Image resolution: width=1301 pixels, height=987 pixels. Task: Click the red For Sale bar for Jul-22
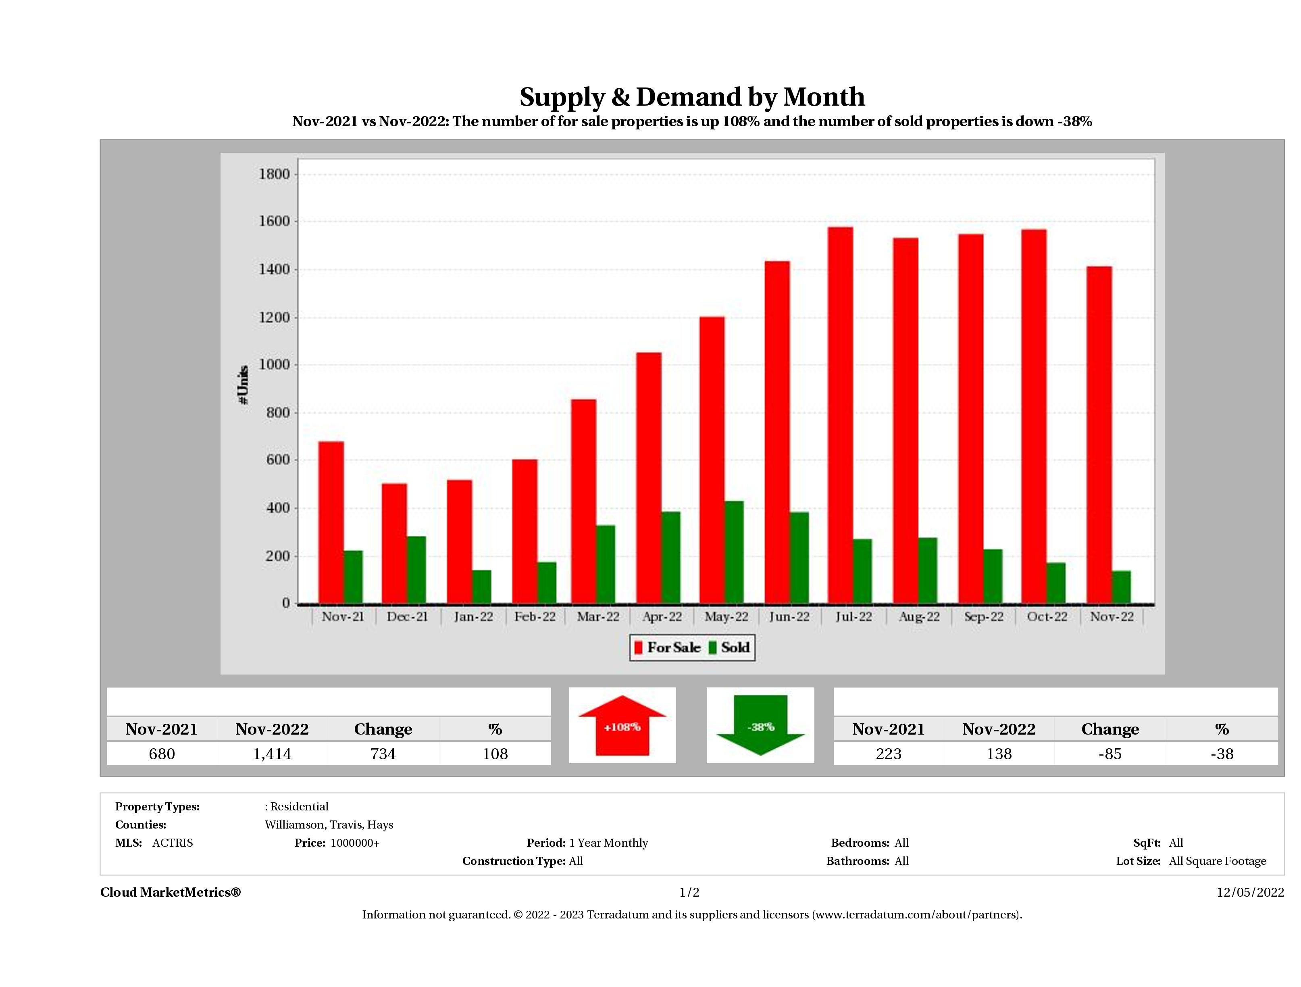[x=841, y=415]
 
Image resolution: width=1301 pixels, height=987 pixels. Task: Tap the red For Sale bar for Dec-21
[x=394, y=543]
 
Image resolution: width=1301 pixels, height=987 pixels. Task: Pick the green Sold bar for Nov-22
[x=1121, y=587]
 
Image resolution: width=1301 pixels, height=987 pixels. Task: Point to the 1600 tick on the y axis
[x=275, y=222]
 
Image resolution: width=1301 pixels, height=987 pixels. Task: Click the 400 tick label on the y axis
[x=278, y=508]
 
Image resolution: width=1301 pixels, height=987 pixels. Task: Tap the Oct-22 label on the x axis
[x=1047, y=616]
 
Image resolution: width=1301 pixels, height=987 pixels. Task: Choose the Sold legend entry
[x=729, y=648]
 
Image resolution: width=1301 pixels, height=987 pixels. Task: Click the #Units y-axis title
[x=243, y=385]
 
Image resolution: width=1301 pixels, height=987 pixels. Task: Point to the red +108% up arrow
[x=622, y=726]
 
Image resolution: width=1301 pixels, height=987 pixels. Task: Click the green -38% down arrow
[x=760, y=726]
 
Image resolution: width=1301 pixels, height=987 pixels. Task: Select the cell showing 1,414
[x=272, y=754]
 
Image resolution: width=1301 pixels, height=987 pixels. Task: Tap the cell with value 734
[x=383, y=754]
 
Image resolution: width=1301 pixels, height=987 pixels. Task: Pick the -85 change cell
[x=1110, y=754]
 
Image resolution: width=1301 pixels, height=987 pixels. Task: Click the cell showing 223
[x=888, y=754]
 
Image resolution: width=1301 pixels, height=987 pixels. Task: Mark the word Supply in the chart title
[x=562, y=97]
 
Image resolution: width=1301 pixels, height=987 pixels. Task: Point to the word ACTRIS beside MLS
[x=172, y=843]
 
